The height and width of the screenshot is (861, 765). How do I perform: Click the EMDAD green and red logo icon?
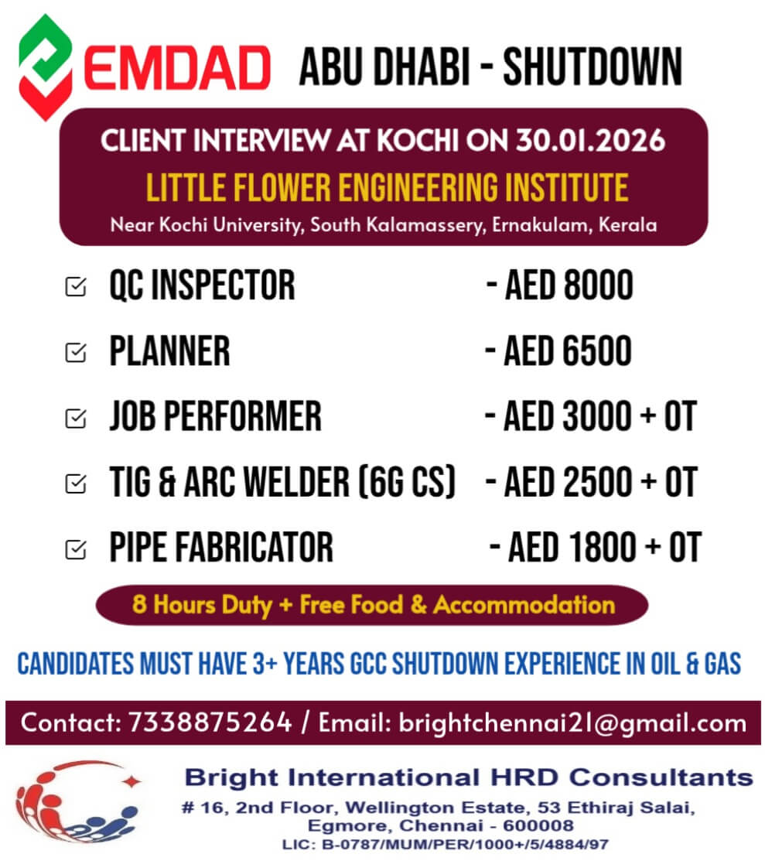pos(46,67)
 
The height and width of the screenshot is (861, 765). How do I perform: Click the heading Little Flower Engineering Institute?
pos(387,187)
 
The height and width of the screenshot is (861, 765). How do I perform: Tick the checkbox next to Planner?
pos(76,353)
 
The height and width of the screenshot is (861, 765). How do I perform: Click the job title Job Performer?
pos(215,417)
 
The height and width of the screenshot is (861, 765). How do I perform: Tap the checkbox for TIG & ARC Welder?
pos(76,483)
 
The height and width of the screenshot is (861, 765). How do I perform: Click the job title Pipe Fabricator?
pos(220,548)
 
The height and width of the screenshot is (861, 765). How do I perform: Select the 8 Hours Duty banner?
pos(373,604)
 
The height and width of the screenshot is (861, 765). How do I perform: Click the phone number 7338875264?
pos(210,723)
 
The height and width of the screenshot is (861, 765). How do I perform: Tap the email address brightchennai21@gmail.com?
pos(572,723)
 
